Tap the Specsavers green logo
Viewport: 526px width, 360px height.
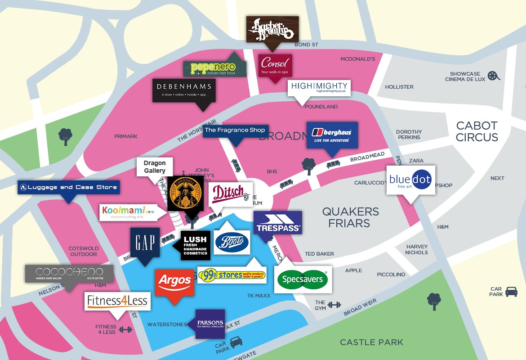click(x=303, y=279)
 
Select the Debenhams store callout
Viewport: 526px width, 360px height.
click(x=184, y=90)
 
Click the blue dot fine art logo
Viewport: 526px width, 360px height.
click(x=410, y=180)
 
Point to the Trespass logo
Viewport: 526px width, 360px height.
click(x=278, y=222)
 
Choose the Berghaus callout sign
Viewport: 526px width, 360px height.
click(x=332, y=135)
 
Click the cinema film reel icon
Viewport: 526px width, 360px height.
click(x=493, y=76)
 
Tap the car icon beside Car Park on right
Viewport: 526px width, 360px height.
click(x=511, y=292)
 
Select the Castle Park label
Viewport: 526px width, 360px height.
click(x=371, y=342)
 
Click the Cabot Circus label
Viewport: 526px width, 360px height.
click(x=477, y=131)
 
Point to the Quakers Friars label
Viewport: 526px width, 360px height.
click(x=350, y=217)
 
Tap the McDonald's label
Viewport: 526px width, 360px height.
click(x=357, y=59)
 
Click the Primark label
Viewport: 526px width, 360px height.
click(x=126, y=136)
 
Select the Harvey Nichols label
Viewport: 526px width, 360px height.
click(x=417, y=249)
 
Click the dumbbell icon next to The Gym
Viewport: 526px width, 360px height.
click(x=334, y=305)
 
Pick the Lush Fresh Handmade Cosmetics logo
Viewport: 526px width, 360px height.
click(x=196, y=246)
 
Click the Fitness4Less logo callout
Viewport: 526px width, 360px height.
click(x=117, y=301)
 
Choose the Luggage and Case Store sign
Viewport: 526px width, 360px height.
click(x=68, y=187)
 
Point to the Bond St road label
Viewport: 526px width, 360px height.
click(x=306, y=45)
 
